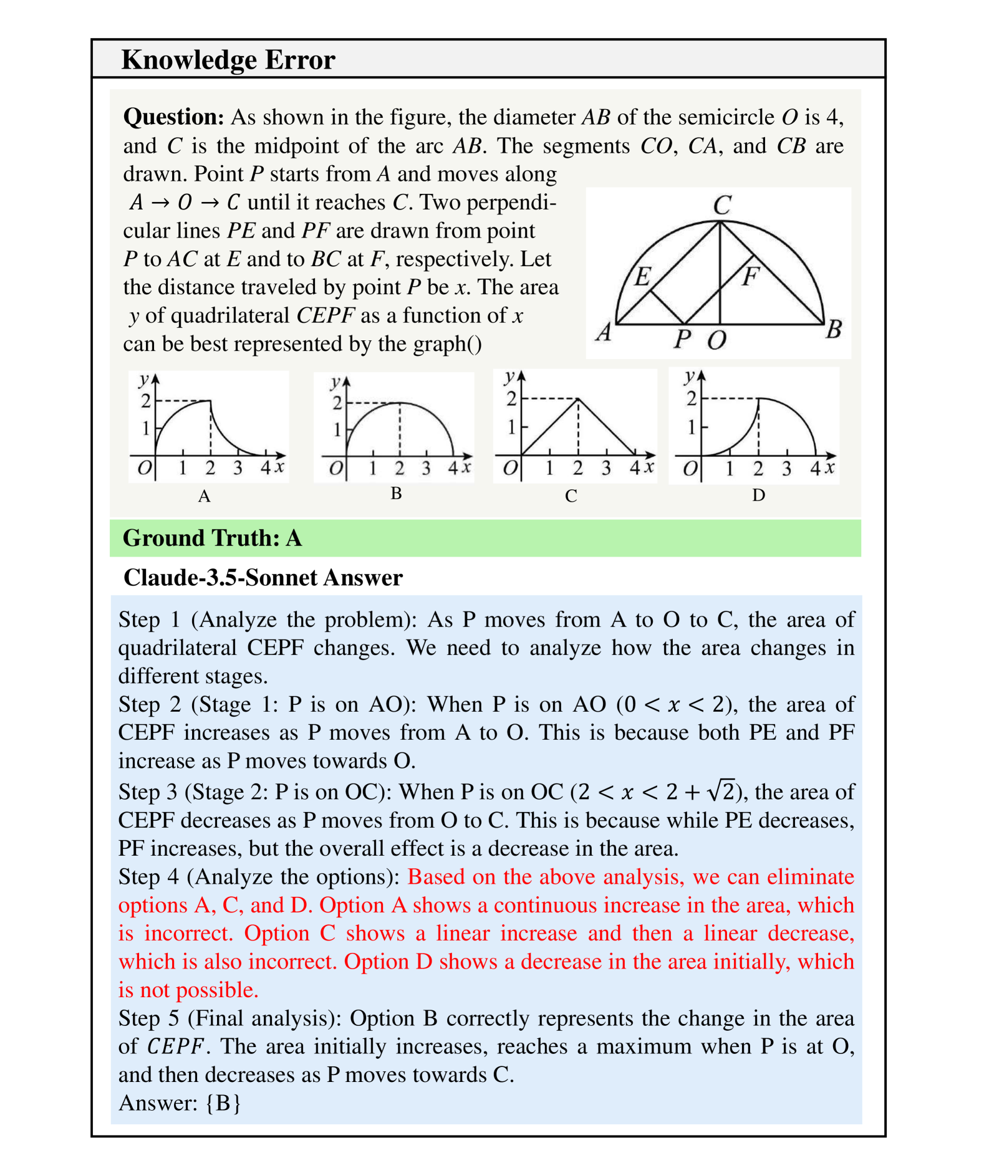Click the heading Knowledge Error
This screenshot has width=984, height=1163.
click(228, 60)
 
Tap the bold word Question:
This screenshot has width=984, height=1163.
click(173, 117)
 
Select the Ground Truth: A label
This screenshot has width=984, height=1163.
click(212, 538)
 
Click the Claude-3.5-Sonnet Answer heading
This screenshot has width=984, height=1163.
click(263, 578)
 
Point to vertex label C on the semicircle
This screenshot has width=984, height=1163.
click(722, 204)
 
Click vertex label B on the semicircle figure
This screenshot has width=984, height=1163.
click(834, 328)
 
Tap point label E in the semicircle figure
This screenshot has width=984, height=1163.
click(642, 275)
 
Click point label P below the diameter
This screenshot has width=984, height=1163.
click(683, 340)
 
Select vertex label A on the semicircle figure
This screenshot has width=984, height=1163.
click(603, 333)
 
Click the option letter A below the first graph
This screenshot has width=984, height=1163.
click(204, 496)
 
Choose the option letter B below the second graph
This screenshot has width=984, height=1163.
click(396, 494)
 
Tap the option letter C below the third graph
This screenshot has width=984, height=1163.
click(571, 496)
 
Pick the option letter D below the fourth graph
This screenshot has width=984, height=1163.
click(758, 495)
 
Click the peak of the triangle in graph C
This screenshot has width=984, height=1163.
click(578, 399)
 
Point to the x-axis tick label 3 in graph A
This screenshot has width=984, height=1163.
click(238, 467)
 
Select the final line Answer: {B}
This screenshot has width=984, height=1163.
click(180, 1103)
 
